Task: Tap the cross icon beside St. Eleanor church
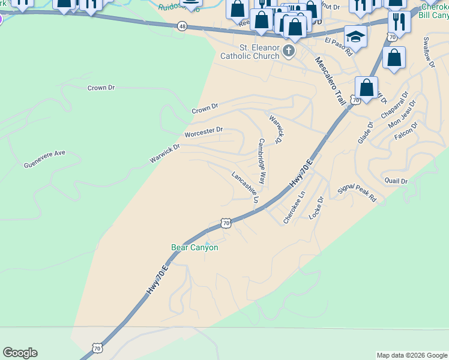(289, 50)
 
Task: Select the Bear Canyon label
(194, 247)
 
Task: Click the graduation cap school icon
(356, 37)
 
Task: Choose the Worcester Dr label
(203, 131)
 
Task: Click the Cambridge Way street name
(261, 161)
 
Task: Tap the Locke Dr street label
(316, 207)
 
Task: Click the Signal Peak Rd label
(357, 193)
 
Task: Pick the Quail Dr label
(396, 181)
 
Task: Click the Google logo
(20, 353)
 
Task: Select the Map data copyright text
(411, 355)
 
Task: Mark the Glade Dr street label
(365, 132)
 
